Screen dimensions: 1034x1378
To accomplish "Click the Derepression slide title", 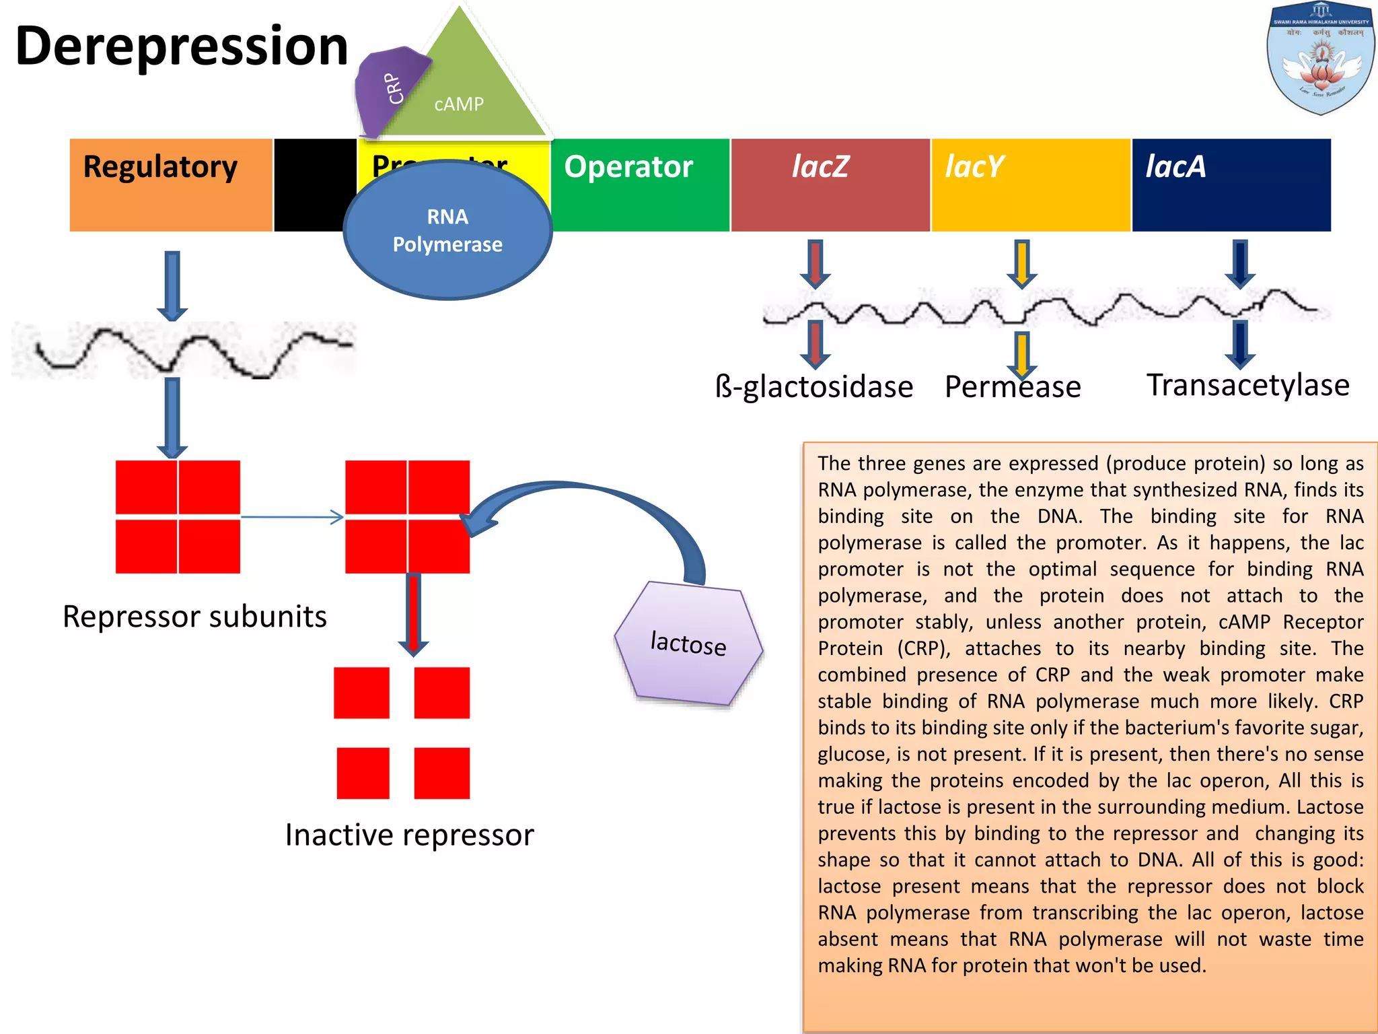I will pos(182,46).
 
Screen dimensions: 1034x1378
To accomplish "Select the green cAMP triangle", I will pos(471,88).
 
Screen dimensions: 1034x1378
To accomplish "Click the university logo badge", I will pos(1320,59).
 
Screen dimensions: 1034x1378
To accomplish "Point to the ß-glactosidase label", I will pos(814,387).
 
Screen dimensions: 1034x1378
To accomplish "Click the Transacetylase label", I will pos(1248,385).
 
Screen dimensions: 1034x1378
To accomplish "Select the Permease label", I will pos(1013,387).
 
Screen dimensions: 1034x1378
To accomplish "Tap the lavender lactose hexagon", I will pos(689,644).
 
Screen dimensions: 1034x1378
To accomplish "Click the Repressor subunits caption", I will pos(195,617).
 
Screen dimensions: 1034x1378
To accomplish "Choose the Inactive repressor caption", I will pos(409,835).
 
